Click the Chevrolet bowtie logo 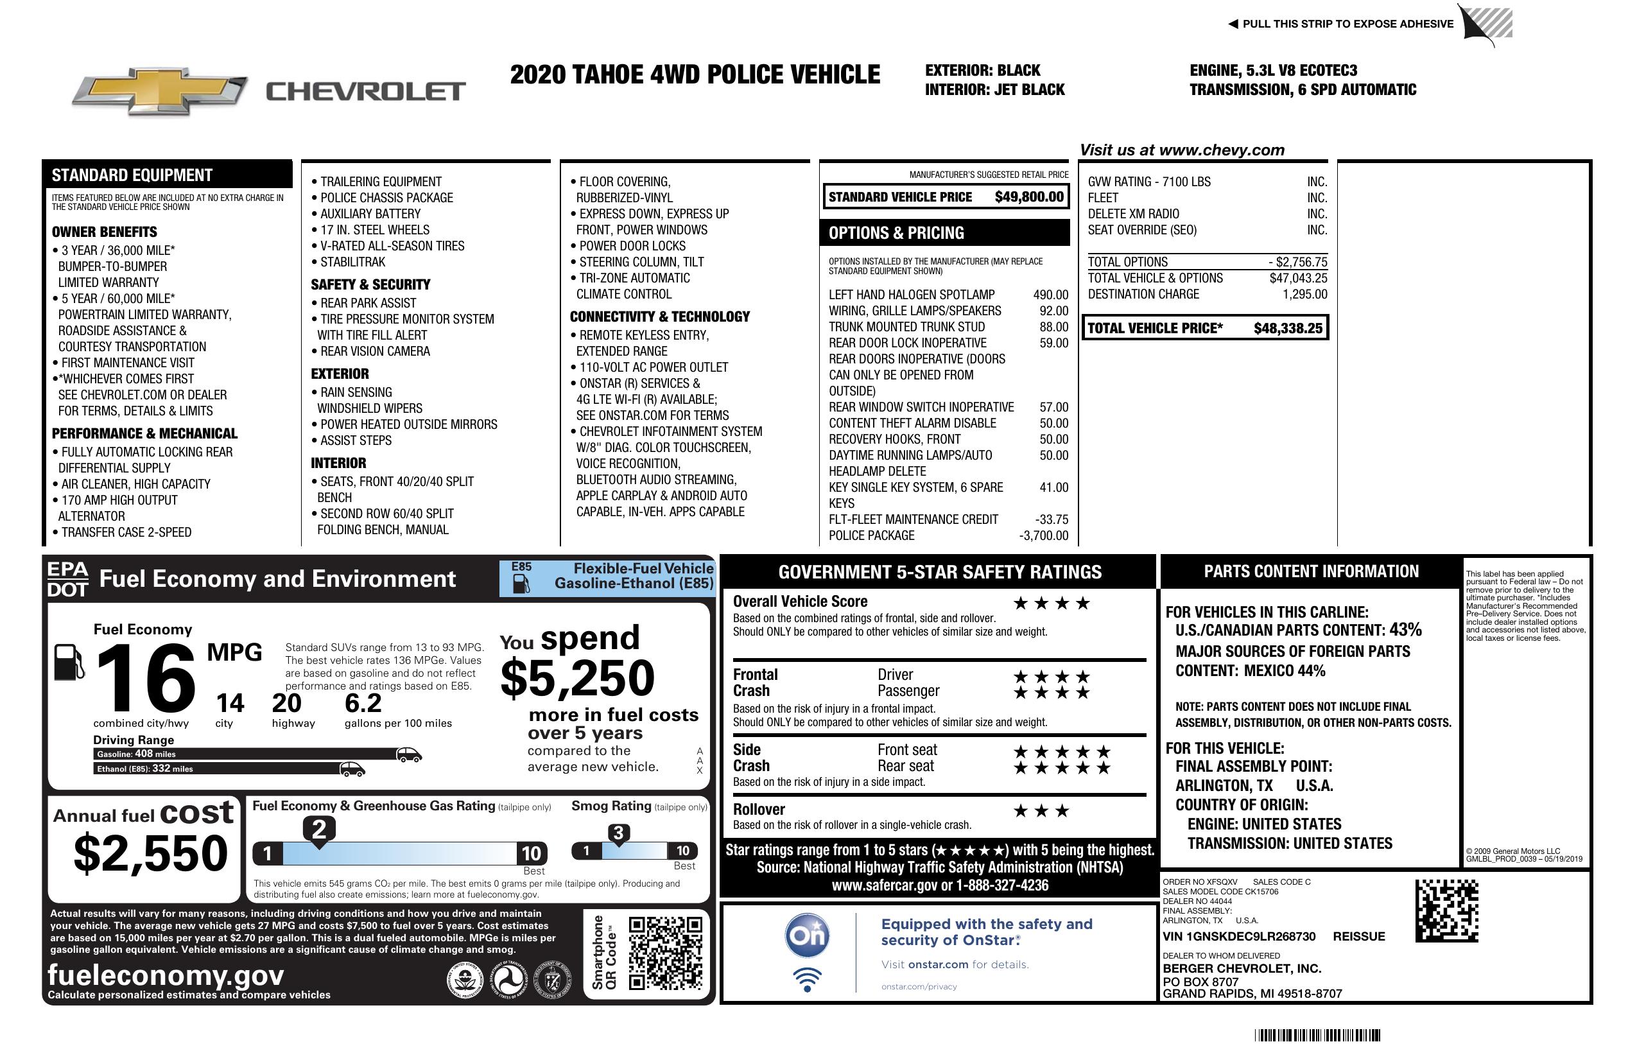tap(159, 91)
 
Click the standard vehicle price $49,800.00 tap(1029, 197)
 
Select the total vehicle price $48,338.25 tap(1288, 328)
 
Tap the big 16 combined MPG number tap(146, 678)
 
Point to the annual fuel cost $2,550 tap(151, 853)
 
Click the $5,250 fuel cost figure tap(577, 678)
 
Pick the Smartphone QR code tap(664, 952)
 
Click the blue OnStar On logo tap(807, 935)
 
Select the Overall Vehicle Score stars tap(1052, 604)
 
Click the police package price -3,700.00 tap(1043, 536)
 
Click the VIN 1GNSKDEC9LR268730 tap(1239, 936)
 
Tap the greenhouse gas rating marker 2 tap(319, 830)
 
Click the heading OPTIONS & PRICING tap(896, 233)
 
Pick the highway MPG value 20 tap(286, 703)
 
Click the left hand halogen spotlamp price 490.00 tap(1050, 295)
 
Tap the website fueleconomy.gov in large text tap(166, 975)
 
